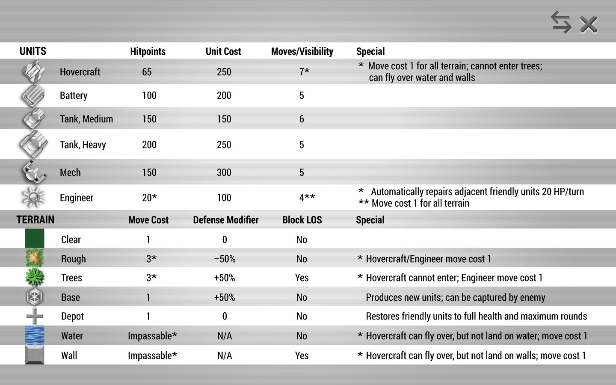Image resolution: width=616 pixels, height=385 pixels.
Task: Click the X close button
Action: (x=589, y=24)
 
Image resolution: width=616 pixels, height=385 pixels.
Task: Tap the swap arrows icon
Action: (x=561, y=22)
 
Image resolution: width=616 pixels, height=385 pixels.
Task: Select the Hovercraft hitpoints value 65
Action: (x=147, y=72)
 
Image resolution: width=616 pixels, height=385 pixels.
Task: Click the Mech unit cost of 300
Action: (x=224, y=172)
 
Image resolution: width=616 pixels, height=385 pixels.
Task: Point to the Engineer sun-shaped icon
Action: (x=33, y=197)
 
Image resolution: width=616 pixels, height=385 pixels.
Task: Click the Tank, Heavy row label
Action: (x=83, y=145)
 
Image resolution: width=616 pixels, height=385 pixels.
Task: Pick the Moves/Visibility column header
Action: (x=302, y=51)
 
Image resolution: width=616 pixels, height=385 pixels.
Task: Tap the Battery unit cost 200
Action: (x=224, y=95)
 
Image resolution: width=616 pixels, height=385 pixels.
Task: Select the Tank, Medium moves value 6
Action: (x=302, y=119)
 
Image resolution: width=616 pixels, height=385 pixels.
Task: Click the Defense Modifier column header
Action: (x=226, y=220)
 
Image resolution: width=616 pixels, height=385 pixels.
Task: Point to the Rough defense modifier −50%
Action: (x=225, y=259)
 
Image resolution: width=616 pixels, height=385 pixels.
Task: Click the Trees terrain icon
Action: (x=35, y=277)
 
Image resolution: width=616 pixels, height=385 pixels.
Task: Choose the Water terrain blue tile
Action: (x=35, y=335)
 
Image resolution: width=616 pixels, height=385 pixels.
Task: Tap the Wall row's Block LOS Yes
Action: (x=302, y=355)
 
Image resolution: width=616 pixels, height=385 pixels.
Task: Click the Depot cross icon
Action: (x=35, y=316)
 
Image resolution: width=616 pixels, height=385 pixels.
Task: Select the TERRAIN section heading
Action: (x=36, y=220)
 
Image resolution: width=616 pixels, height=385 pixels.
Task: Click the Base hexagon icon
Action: (x=35, y=297)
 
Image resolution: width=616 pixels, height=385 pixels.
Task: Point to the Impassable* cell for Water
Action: (x=152, y=336)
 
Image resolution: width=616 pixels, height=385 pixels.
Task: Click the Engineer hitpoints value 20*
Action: (x=149, y=198)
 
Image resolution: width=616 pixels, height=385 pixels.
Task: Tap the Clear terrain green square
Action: (x=35, y=239)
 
